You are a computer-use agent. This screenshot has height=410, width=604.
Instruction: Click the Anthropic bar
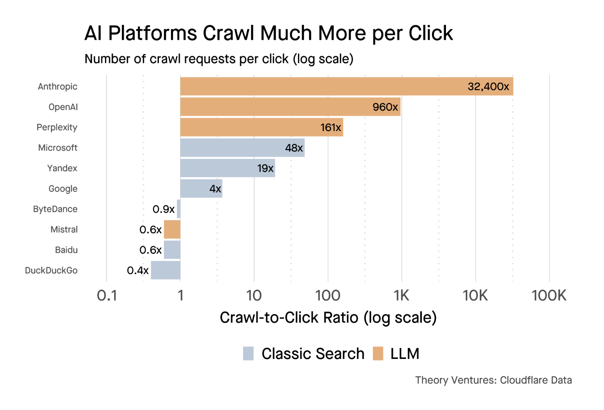click(346, 86)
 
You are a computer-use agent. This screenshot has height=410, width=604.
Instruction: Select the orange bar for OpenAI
click(290, 107)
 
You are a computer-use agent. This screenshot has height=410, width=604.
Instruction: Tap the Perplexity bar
click(261, 127)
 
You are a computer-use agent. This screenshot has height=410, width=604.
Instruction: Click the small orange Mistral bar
click(172, 230)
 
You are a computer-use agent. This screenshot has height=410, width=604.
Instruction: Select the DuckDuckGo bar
click(166, 270)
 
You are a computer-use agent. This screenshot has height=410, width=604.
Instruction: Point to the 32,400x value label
click(488, 86)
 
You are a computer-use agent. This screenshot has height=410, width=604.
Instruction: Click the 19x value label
click(265, 168)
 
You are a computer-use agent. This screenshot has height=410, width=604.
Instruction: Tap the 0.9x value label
click(163, 209)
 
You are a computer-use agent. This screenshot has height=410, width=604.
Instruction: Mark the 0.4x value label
click(138, 271)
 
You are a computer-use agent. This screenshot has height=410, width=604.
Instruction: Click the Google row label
click(63, 189)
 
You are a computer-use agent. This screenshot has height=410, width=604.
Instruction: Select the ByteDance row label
click(55, 209)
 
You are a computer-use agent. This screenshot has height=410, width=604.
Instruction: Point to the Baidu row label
click(66, 250)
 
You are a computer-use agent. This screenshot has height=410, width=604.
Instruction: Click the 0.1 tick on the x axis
click(107, 296)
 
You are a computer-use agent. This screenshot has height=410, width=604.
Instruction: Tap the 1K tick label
click(401, 296)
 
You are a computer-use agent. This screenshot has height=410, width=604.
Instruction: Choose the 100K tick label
click(549, 296)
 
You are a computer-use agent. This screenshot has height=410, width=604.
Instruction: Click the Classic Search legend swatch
click(249, 354)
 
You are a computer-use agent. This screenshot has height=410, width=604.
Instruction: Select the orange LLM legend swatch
click(378, 354)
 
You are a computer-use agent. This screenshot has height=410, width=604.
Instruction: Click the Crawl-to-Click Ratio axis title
click(328, 318)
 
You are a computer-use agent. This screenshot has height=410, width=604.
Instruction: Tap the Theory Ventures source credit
click(493, 380)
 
